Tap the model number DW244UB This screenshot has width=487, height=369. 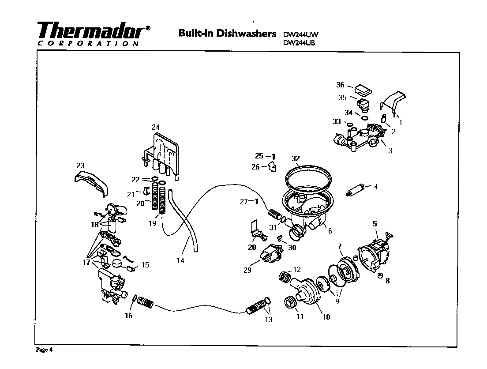click(300, 43)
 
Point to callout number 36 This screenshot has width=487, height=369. click(340, 85)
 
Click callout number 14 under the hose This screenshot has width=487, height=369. click(180, 260)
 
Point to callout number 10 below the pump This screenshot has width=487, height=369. click(326, 316)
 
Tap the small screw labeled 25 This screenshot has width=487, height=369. click(274, 156)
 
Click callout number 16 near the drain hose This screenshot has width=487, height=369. click(128, 316)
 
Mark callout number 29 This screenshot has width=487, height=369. click(247, 270)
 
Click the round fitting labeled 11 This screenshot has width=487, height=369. click(290, 303)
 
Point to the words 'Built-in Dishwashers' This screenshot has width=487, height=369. click(227, 34)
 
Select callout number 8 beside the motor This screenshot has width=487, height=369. click(387, 281)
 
